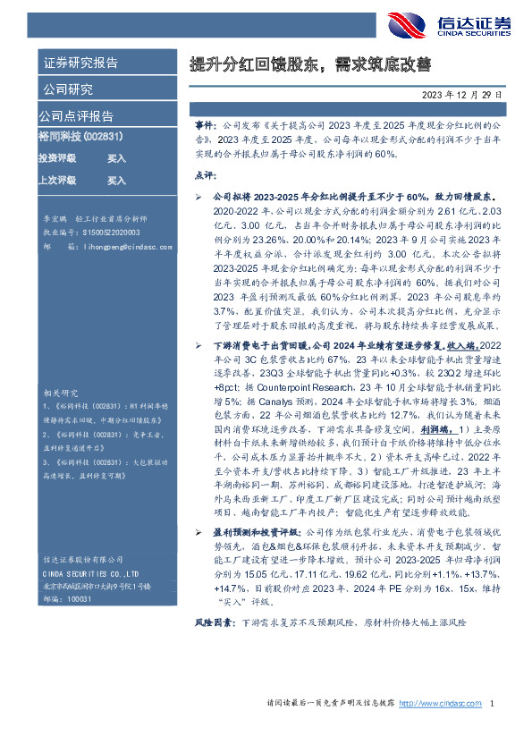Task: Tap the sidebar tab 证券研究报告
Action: pos(80,63)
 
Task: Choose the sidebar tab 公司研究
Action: pos(66,89)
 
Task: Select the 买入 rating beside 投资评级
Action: pos(116,158)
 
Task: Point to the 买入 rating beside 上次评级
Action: pos(116,180)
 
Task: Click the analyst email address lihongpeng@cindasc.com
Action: pos(125,247)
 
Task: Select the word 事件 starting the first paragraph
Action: pos(205,129)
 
